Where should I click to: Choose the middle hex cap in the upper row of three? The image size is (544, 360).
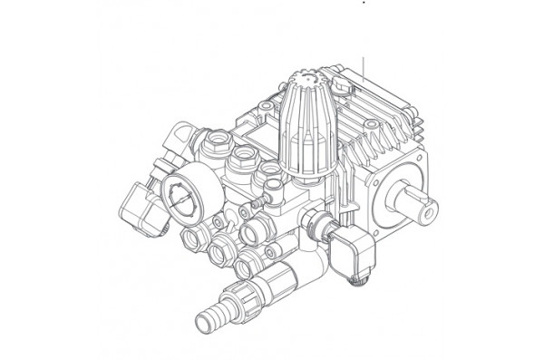(243, 161)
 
